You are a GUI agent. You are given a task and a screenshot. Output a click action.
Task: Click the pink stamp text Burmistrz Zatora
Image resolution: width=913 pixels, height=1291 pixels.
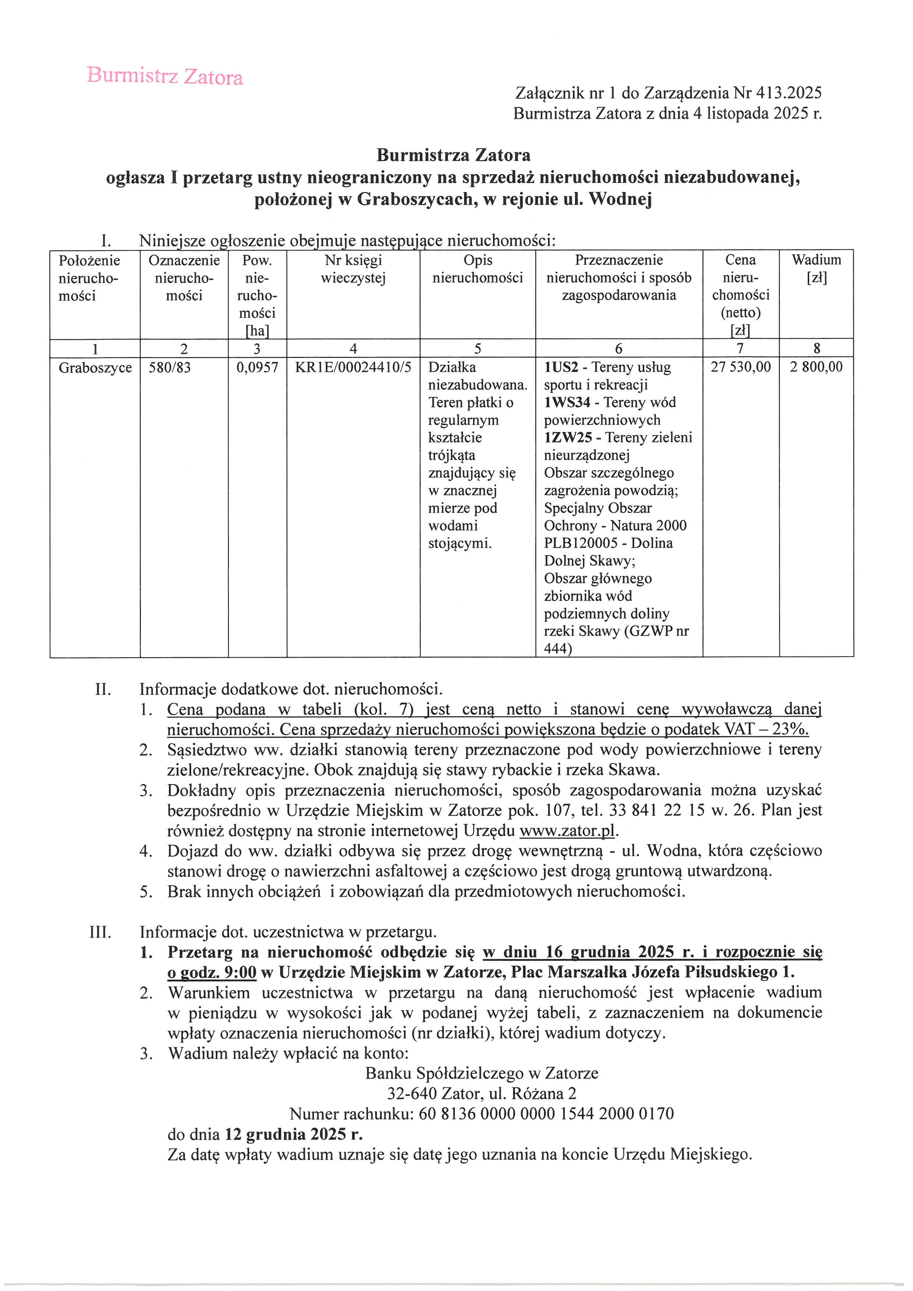[165, 76]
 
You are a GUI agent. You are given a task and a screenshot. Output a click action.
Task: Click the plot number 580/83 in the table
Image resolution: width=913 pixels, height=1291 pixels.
[169, 368]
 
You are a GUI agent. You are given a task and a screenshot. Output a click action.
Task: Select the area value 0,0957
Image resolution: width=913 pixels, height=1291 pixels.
[257, 368]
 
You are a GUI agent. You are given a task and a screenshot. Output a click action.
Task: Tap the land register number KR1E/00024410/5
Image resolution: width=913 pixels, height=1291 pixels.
[353, 368]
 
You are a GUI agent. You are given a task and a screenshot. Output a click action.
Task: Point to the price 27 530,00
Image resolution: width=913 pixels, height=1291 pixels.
[740, 368]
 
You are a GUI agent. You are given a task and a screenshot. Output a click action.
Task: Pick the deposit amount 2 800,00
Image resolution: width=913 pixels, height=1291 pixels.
[816, 368]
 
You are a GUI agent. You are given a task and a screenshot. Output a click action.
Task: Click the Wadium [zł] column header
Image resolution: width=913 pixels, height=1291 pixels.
[816, 269]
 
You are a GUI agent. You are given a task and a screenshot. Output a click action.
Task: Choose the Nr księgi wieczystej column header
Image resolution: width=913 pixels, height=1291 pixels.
[353, 269]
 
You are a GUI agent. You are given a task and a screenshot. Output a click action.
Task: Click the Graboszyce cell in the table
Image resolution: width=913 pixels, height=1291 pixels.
[95, 368]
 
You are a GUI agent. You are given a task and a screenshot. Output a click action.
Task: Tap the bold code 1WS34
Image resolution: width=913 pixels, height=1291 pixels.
[567, 403]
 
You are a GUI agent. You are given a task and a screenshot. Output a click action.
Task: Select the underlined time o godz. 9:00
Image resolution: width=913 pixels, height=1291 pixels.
[212, 972]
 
